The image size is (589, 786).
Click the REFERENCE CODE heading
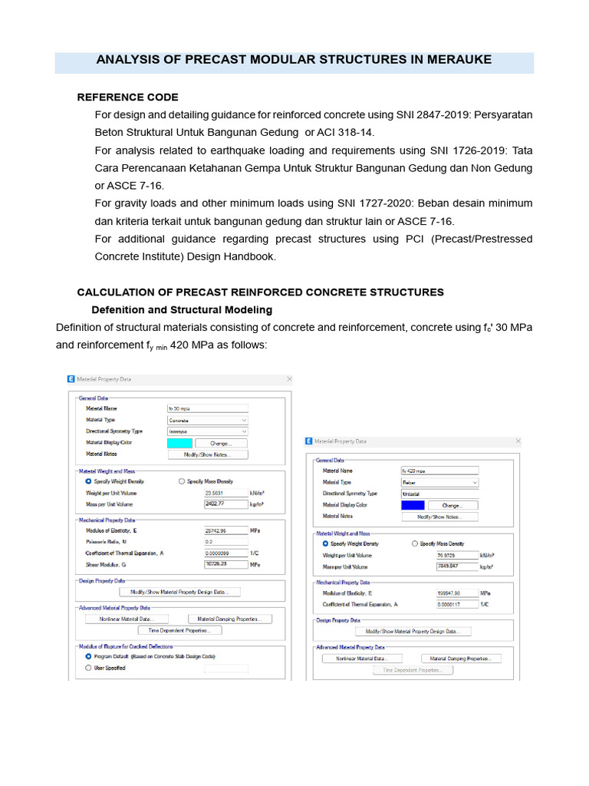[x=127, y=97]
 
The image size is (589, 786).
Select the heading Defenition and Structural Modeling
[x=182, y=310]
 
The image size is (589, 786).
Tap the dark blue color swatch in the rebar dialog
[x=412, y=505]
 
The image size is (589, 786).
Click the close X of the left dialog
[x=289, y=379]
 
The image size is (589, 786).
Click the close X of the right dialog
[x=518, y=441]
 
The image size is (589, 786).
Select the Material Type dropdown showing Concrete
[x=208, y=421]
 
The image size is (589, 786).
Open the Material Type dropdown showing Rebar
[x=439, y=482]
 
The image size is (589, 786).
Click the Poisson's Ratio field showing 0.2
[x=225, y=542]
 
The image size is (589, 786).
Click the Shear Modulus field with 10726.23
[x=225, y=564]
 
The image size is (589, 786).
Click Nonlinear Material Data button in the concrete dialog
[x=126, y=619]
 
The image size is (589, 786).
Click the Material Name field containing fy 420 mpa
[x=439, y=471]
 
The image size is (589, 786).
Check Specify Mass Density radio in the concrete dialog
[x=182, y=481]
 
